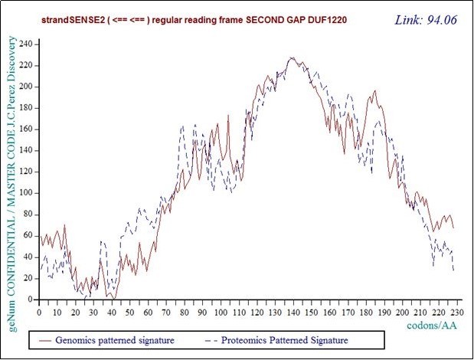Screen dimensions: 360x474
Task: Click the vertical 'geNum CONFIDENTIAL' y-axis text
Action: coord(12,176)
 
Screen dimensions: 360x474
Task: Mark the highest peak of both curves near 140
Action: coord(292,58)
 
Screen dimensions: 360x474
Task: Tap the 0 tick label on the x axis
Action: coord(39,312)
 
